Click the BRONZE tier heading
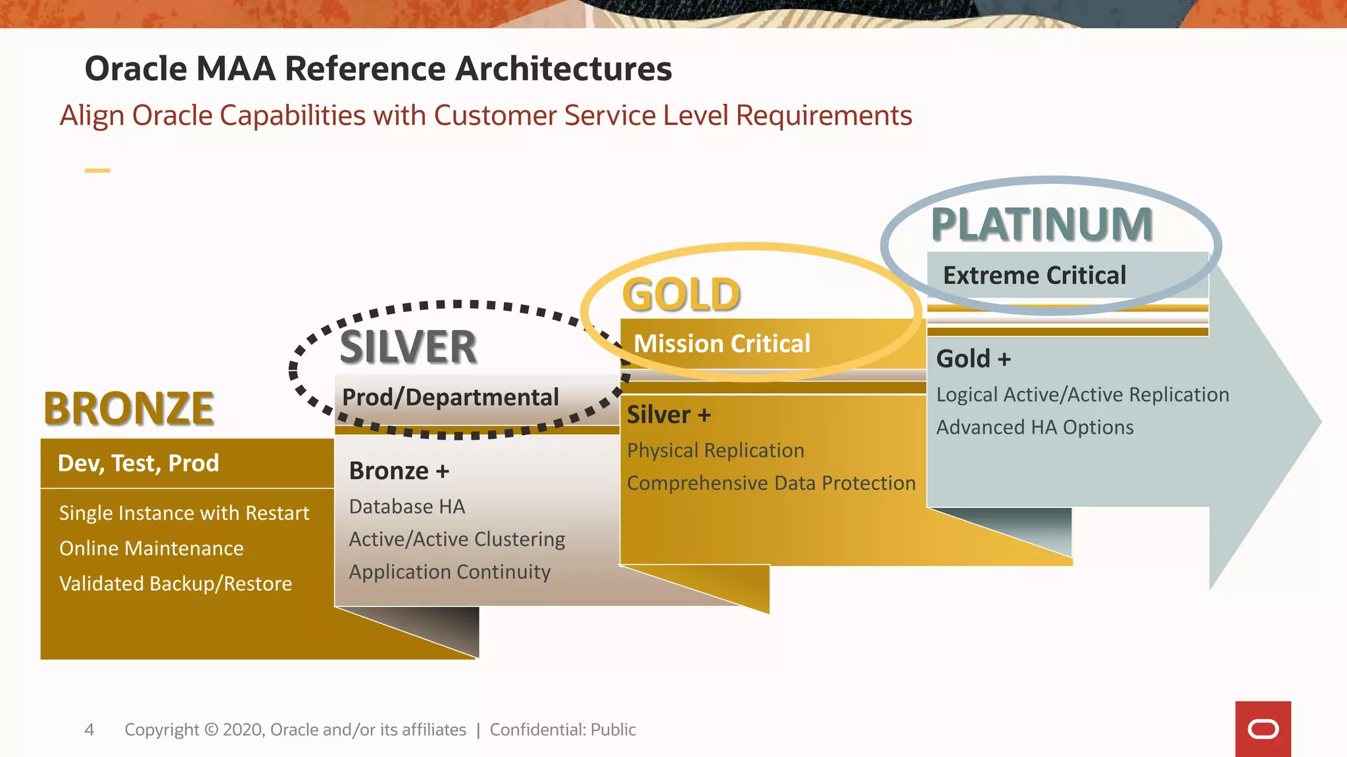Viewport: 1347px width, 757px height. pyautogui.click(x=129, y=409)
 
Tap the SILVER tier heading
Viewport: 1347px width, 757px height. pyautogui.click(x=408, y=348)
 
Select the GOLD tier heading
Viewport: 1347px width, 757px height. pyautogui.click(x=681, y=294)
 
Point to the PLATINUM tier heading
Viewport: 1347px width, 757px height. pyautogui.click(x=1042, y=225)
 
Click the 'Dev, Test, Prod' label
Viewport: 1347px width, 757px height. pyautogui.click(x=138, y=463)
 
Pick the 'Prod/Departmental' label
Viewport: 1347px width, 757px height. pyautogui.click(x=451, y=398)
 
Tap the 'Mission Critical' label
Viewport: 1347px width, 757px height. pyautogui.click(x=722, y=344)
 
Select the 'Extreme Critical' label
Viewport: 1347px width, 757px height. pyautogui.click(x=1034, y=275)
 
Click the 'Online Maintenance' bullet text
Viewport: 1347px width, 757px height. pyautogui.click(x=151, y=548)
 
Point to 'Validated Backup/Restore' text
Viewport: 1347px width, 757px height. pyautogui.click(x=176, y=584)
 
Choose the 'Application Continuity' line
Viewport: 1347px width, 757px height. pyautogui.click(x=449, y=572)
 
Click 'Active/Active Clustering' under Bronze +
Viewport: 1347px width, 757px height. pyautogui.click(x=456, y=539)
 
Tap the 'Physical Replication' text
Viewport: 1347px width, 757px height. pyautogui.click(x=715, y=450)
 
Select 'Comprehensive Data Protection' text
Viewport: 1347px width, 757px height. pyautogui.click(x=771, y=483)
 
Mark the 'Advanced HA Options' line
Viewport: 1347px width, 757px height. pyautogui.click(x=1035, y=427)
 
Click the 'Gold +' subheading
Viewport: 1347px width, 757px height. pyautogui.click(x=973, y=359)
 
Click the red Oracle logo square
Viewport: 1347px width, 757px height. pyautogui.click(x=1263, y=729)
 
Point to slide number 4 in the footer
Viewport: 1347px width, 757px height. pyautogui.click(x=89, y=729)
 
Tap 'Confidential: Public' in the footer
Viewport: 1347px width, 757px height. pyautogui.click(x=562, y=729)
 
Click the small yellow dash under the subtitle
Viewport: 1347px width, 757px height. pyautogui.click(x=97, y=171)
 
